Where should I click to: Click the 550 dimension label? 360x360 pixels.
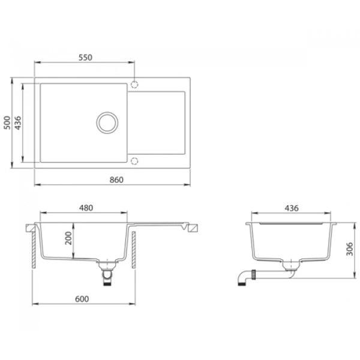click(x=85, y=58)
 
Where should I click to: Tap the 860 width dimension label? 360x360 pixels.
click(x=116, y=180)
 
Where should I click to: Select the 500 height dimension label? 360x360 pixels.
click(x=7, y=122)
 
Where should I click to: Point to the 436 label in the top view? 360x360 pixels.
click(x=17, y=123)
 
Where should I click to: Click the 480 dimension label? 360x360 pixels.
click(x=86, y=208)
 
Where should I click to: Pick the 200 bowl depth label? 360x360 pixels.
click(x=68, y=238)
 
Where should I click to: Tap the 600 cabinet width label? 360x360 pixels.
click(x=82, y=299)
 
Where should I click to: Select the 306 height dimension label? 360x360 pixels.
click(x=349, y=249)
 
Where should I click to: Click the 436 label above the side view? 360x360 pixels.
click(x=292, y=208)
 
